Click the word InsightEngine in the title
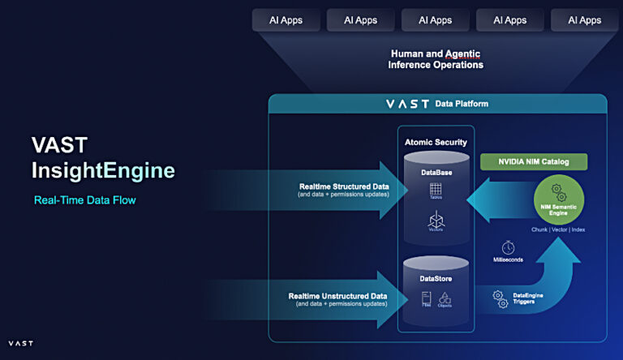coord(103,171)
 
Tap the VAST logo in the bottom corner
coord(20,344)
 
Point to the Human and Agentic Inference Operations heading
coord(436,59)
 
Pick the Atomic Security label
coord(436,143)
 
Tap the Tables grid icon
coord(436,191)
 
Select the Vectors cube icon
coord(436,221)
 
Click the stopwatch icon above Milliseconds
coord(509,246)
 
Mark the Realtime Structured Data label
coord(343,186)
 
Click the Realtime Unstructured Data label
coord(338,296)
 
